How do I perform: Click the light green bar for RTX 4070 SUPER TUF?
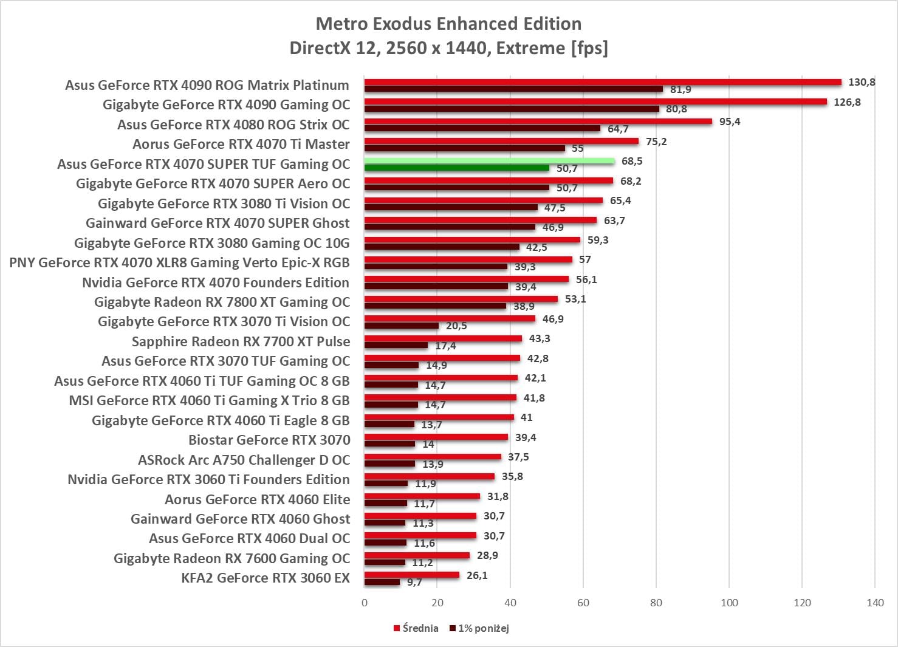[489, 161]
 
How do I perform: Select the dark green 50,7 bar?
[457, 168]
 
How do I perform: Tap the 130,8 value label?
[862, 82]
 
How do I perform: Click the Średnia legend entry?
[416, 628]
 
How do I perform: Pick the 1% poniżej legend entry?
[479, 628]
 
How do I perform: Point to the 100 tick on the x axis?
[729, 603]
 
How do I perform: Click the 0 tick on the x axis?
[365, 603]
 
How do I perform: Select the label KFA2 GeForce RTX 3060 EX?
[266, 578]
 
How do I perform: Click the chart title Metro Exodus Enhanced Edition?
[448, 24]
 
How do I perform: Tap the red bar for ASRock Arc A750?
[433, 457]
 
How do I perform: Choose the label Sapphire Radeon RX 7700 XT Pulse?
[241, 341]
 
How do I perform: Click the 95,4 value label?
[729, 122]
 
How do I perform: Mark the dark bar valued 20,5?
[401, 326]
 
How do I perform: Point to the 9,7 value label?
[414, 583]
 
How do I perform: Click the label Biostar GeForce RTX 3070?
[269, 440]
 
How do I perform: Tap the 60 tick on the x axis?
[583, 603]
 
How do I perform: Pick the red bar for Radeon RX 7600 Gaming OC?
[417, 555]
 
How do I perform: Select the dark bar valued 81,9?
[513, 89]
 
